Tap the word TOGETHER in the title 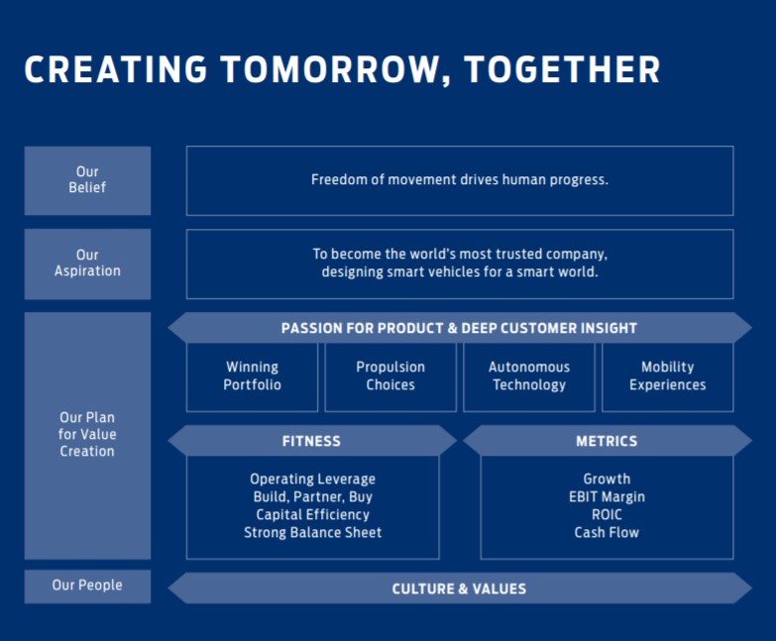562,70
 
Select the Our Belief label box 87,180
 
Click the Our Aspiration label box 87,264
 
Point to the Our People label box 87,586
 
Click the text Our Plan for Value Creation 87,435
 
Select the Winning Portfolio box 252,376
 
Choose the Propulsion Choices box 390,376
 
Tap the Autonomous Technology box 529,376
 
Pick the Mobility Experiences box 668,376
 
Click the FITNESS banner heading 311,441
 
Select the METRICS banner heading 607,441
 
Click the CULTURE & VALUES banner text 459,588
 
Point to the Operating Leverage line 312,480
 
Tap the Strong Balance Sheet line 312,533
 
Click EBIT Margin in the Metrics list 607,497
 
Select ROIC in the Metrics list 607,515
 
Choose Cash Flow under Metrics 607,533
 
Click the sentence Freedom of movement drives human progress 460,180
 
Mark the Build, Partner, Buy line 312,497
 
